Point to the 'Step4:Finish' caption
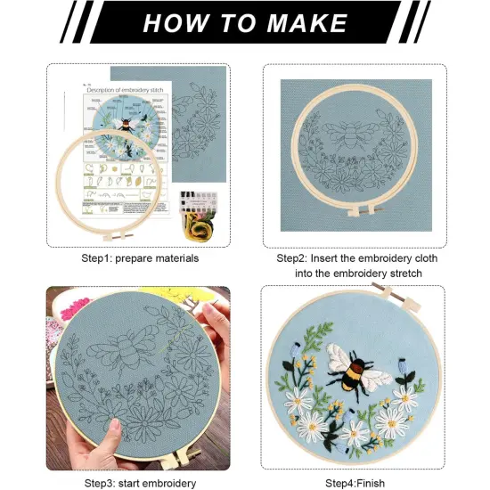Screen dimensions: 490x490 [355, 482]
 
